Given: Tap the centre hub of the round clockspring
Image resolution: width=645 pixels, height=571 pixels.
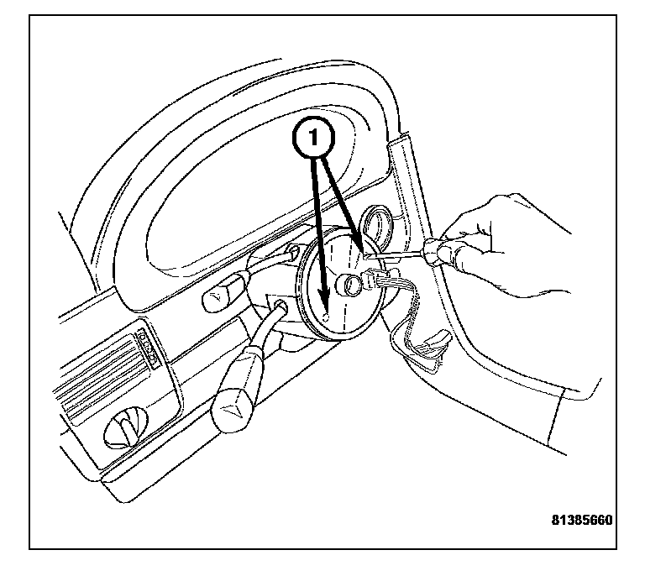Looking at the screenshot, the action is click(345, 285).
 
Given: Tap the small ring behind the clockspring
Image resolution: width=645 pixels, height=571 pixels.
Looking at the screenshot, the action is click(377, 224).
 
